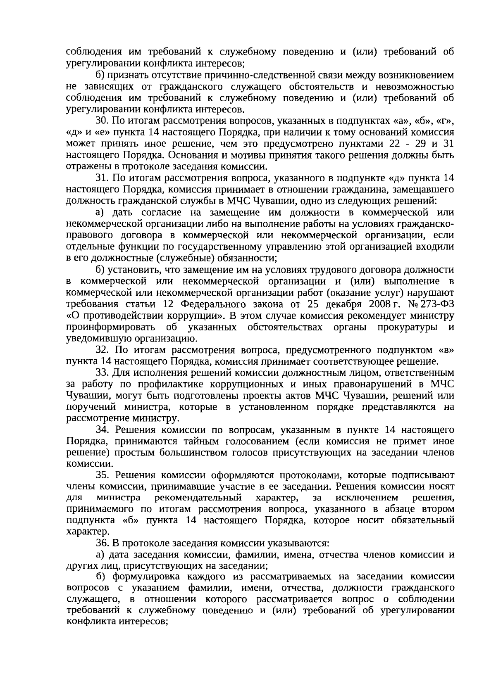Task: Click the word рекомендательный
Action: (198, 498)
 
